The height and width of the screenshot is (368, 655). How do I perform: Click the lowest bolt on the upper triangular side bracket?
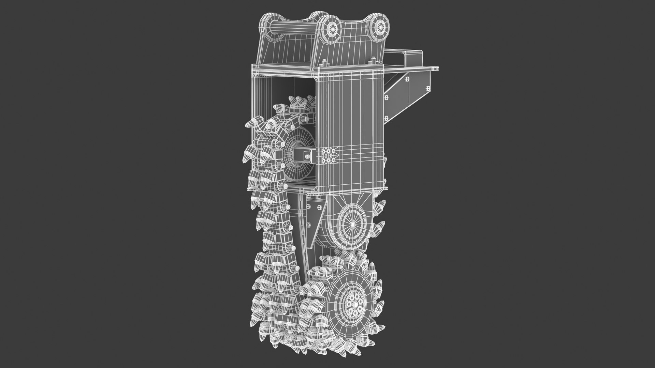click(x=386, y=118)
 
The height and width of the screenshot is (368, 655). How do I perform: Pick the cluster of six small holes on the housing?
click(x=330, y=156)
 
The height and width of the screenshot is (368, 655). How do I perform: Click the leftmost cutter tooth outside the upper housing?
click(x=248, y=123)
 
